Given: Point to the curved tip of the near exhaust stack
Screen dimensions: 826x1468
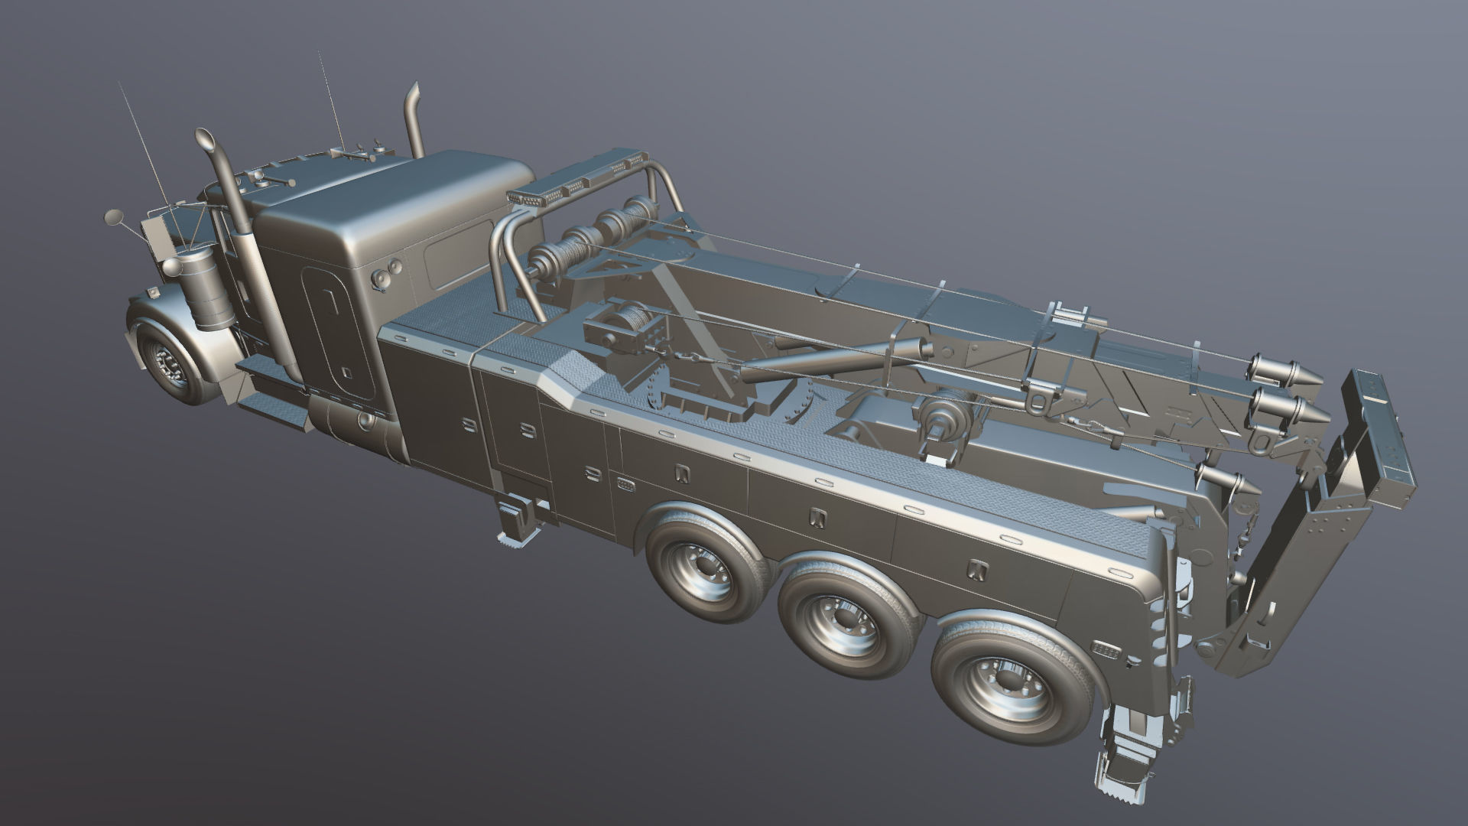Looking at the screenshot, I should click(205, 141).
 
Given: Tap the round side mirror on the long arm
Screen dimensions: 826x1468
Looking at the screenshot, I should click(112, 217).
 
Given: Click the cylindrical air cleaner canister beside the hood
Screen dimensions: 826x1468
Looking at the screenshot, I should click(204, 293).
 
